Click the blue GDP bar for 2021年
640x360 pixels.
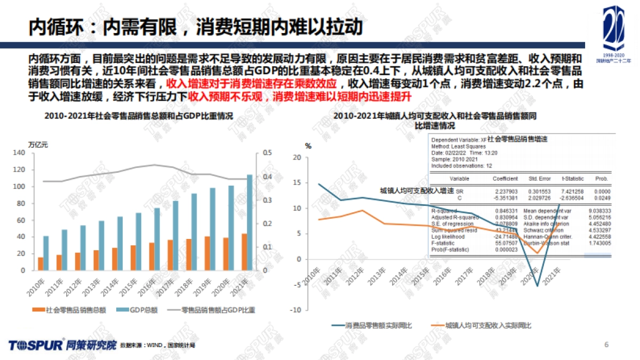point(250,222)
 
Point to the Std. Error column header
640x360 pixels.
point(540,179)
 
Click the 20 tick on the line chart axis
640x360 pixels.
point(297,157)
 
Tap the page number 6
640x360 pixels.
point(606,344)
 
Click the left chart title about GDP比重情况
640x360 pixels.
point(139,116)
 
